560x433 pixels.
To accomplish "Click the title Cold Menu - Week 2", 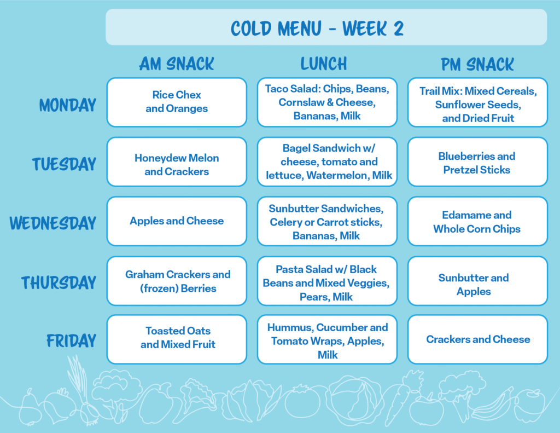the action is click(x=317, y=28).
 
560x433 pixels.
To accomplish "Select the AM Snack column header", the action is click(x=177, y=64).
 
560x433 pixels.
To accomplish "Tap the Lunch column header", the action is click(x=324, y=64).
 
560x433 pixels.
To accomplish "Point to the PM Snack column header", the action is click(x=477, y=65).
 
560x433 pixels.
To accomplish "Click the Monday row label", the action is click(x=67, y=105).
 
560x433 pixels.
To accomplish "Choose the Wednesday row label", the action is click(x=53, y=223).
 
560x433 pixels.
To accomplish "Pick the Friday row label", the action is click(x=72, y=340).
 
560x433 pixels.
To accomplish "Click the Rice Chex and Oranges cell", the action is click(x=177, y=102).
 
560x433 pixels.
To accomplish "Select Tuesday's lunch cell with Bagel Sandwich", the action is click(x=327, y=161).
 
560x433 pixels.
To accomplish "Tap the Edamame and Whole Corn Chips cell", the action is click(x=477, y=221).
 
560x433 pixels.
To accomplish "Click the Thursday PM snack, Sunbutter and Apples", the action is click(x=477, y=281).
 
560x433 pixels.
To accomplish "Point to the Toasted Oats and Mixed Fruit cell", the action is click(x=177, y=339).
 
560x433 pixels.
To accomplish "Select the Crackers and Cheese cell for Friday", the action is click(x=477, y=339).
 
